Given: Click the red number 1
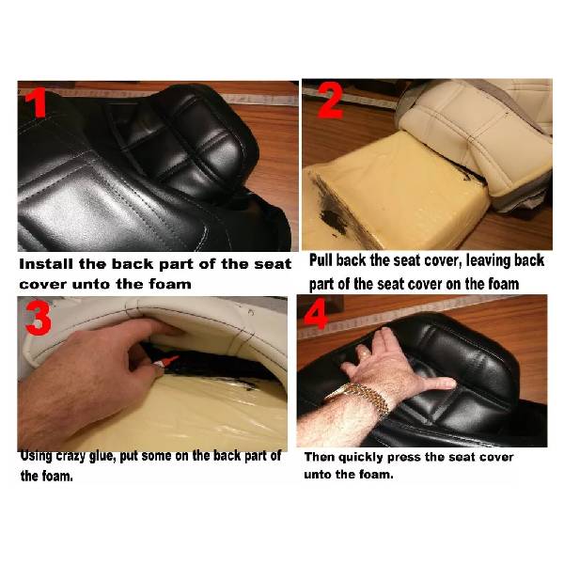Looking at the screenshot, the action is tap(37, 103).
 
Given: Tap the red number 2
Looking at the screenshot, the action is tap(331, 101).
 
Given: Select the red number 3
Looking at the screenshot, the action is tap(39, 318).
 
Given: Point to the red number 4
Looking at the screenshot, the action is tap(316, 314).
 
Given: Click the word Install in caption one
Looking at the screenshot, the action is tap(46, 264).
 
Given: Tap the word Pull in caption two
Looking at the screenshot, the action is tap(321, 260).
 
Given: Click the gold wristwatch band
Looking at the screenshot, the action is tap(363, 398).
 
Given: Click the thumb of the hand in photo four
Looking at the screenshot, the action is tap(438, 384).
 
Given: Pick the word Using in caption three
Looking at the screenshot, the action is tap(37, 456).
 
